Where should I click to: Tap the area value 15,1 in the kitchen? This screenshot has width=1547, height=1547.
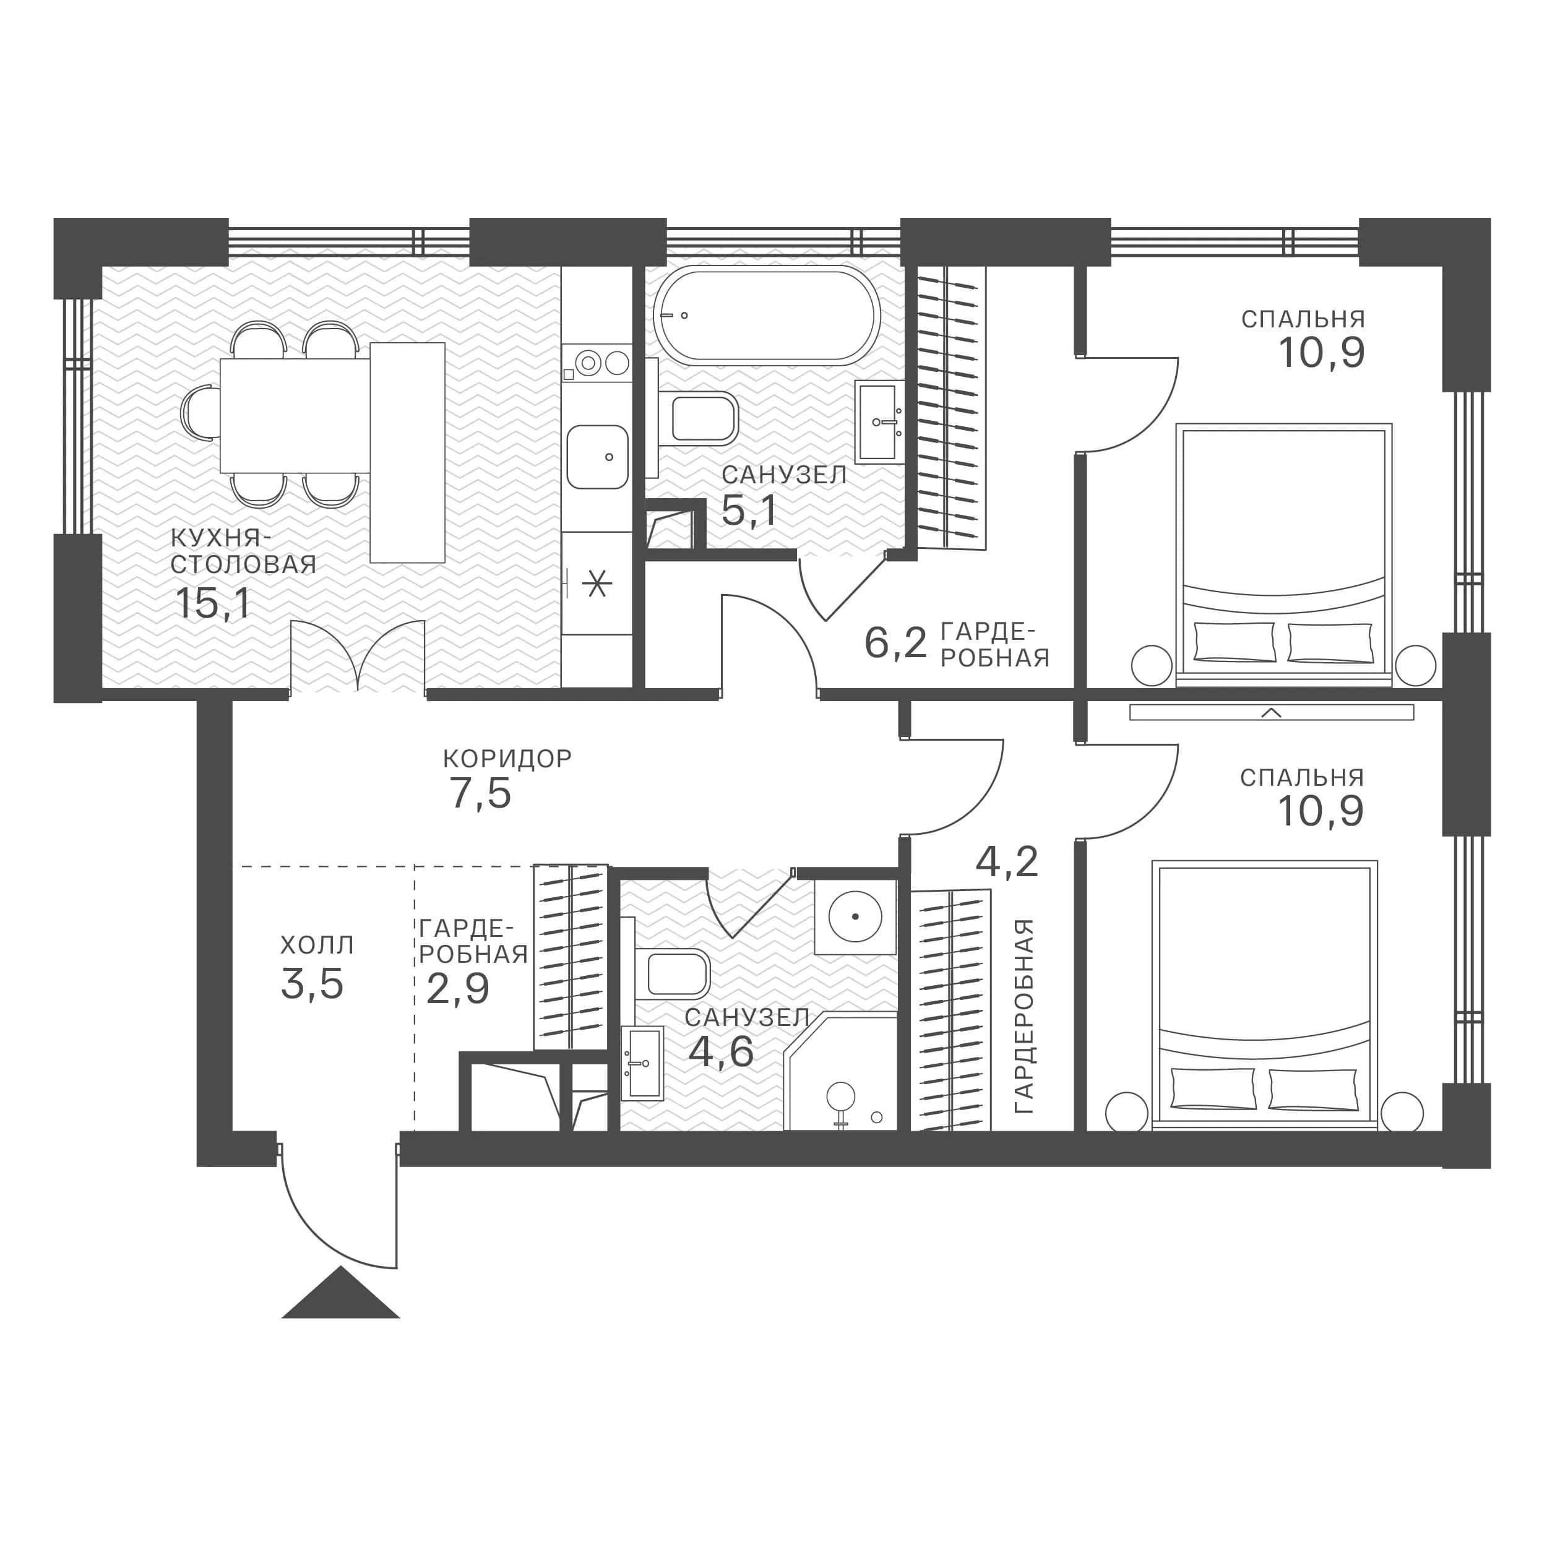coord(213,604)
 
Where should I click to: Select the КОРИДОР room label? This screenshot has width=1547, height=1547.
coord(507,758)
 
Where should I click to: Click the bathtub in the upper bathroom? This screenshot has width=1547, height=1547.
coord(767,316)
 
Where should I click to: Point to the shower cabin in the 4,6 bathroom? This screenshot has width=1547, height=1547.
coord(841,1072)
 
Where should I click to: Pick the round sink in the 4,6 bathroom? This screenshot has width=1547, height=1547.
coord(855,915)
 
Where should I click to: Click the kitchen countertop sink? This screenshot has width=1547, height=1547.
coord(597,457)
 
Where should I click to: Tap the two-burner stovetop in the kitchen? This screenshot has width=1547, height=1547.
coord(597,363)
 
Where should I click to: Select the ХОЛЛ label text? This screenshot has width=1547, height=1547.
coord(317,946)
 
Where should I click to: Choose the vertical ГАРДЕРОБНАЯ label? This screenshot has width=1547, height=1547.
coord(1024,1016)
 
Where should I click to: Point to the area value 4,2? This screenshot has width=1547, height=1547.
coord(1007,861)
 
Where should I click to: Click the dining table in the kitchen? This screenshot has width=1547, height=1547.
coord(295,415)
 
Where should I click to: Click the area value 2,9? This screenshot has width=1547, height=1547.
coord(457,989)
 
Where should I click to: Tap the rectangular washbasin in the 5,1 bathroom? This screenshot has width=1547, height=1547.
coord(879,421)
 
